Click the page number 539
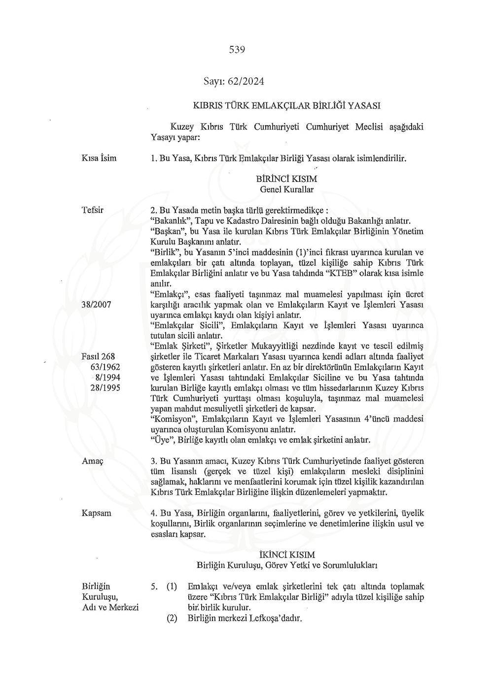pos(237,50)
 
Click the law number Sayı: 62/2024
pos(234,81)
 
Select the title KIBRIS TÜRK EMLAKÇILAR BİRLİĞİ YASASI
pos(286,105)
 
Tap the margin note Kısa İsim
pos(99,158)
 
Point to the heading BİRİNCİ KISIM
pos(286,179)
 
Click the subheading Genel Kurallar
pos(286,189)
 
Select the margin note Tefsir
pos(93,210)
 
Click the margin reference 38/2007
pos(96,305)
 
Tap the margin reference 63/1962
pos(105,367)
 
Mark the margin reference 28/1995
pos(105,388)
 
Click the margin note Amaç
pos(93,461)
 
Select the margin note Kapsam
pos(97,513)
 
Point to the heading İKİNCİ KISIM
pos(286,555)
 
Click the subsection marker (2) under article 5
pos(172,618)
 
